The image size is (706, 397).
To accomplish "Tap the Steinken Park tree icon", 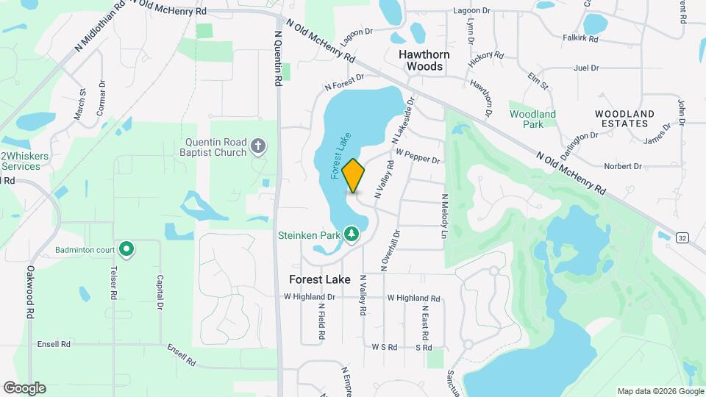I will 352,234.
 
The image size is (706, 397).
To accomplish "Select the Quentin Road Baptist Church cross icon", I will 258,146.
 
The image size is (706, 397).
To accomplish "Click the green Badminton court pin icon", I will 126,249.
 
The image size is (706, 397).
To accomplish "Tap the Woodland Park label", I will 532,119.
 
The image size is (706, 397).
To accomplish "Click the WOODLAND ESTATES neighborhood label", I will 624,119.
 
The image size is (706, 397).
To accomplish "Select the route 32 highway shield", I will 682,237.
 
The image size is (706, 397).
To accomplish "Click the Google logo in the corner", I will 24,387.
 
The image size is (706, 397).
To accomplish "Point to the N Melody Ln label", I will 444,216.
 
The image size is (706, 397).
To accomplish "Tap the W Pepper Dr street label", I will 418,157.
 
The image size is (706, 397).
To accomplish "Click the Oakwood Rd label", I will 30,292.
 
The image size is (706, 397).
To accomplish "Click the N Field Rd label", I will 321,322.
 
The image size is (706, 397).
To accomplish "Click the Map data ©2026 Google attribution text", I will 660,391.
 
